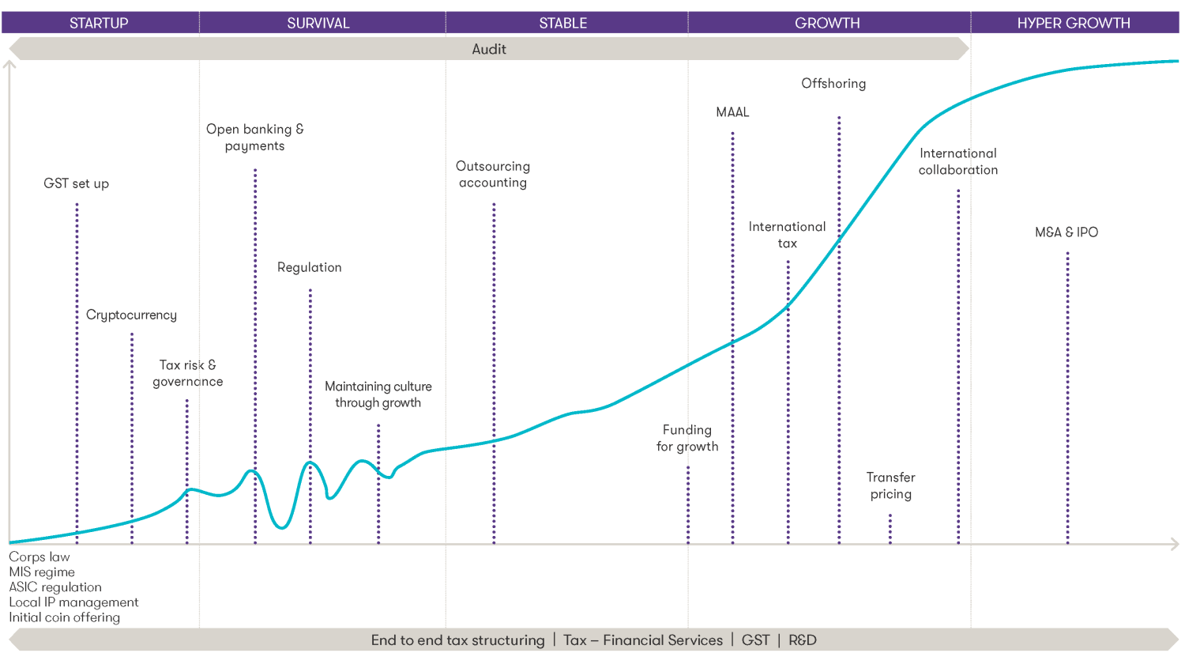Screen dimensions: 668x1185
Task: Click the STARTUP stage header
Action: pyautogui.click(x=99, y=23)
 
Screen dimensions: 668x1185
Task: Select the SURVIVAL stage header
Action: pyautogui.click(x=318, y=23)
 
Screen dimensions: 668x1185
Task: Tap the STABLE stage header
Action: pyautogui.click(x=563, y=23)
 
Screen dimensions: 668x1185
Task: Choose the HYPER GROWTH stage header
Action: pyautogui.click(x=1074, y=23)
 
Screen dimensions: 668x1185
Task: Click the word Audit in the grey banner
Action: pyautogui.click(x=489, y=49)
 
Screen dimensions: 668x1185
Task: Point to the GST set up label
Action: pyautogui.click(x=77, y=183)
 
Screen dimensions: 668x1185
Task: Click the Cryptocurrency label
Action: pyautogui.click(x=131, y=315)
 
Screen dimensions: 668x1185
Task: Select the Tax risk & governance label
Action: pyautogui.click(x=188, y=373)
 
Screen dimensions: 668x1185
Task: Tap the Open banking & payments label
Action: pyautogui.click(x=255, y=138)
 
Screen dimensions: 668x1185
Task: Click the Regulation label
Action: pyautogui.click(x=310, y=267)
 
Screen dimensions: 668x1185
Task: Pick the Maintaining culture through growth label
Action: pyautogui.click(x=378, y=394)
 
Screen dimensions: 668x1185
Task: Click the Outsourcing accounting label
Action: pyautogui.click(x=493, y=174)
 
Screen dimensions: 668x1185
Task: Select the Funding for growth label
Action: pyautogui.click(x=687, y=438)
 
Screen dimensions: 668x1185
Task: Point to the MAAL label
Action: pyautogui.click(x=732, y=112)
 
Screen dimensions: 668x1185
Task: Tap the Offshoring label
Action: pyautogui.click(x=833, y=84)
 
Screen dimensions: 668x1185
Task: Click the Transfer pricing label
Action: pyautogui.click(x=891, y=485)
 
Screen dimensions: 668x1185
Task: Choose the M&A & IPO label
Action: pyautogui.click(x=1066, y=232)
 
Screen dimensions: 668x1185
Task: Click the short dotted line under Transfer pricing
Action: pyautogui.click(x=890, y=529)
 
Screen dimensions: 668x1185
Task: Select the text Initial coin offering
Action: pyautogui.click(x=65, y=617)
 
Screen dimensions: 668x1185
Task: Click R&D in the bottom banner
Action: pyautogui.click(x=803, y=640)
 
